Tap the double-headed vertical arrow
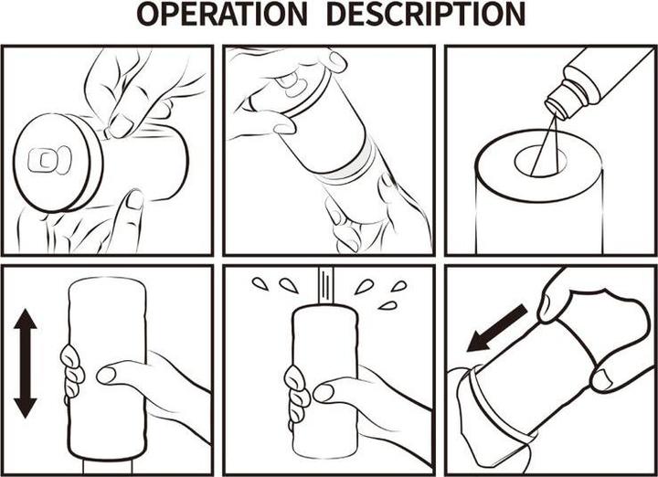tap(26, 364)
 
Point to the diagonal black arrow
tap(497, 328)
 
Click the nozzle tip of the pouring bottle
tap(555, 109)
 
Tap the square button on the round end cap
tap(42, 160)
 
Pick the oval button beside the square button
tap(64, 160)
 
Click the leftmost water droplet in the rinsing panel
tap(260, 284)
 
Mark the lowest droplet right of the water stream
tap(387, 306)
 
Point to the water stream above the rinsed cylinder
tap(325, 284)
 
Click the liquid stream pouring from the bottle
tap(544, 144)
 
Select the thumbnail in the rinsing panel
tap(324, 393)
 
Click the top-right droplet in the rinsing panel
tap(398, 286)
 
